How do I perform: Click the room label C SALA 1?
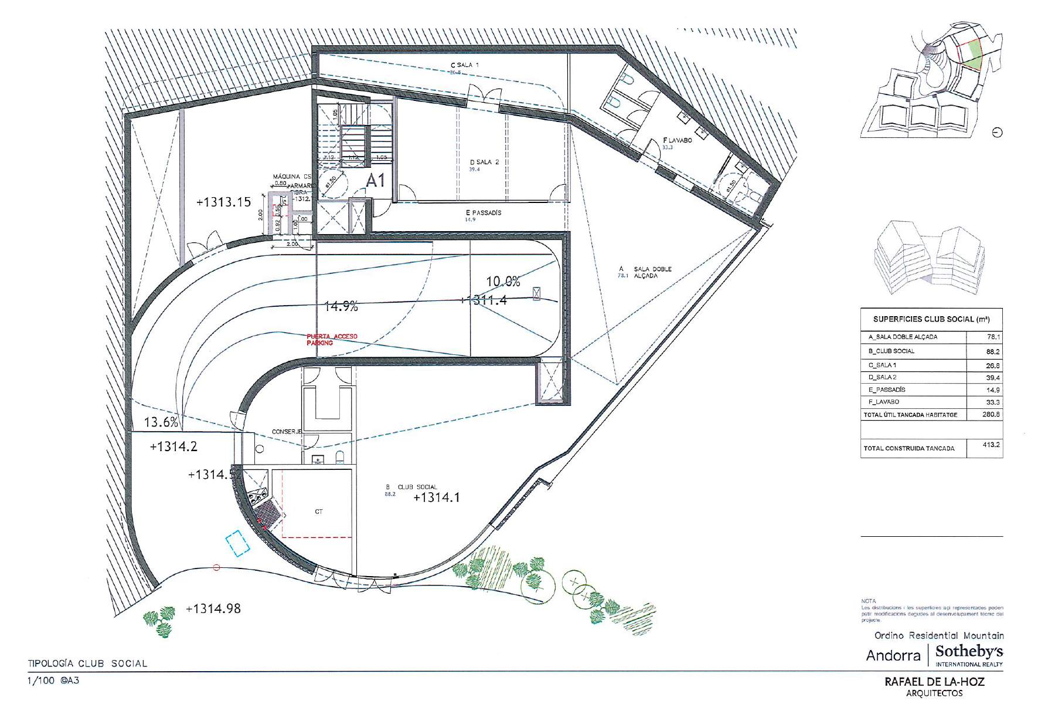[x=464, y=65]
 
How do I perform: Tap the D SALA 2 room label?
[x=484, y=163]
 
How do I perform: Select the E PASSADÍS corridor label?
[x=484, y=213]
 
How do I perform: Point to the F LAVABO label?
[x=677, y=140]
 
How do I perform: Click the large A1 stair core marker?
[x=375, y=181]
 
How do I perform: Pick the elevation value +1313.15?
[x=223, y=202]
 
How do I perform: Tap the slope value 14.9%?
[x=341, y=306]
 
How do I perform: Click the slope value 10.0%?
[x=503, y=282]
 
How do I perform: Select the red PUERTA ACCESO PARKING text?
[x=331, y=340]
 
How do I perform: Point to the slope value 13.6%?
[x=161, y=422]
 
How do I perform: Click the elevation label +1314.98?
[x=213, y=609]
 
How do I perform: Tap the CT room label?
[x=319, y=512]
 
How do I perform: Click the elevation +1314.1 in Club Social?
[x=437, y=497]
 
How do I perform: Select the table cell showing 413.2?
[x=991, y=445]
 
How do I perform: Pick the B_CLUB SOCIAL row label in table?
[x=891, y=351]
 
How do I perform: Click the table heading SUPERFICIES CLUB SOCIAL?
[x=931, y=319]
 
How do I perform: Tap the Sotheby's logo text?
[x=969, y=652]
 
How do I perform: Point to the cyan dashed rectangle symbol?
[x=238, y=543]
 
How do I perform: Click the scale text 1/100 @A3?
[x=53, y=681]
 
